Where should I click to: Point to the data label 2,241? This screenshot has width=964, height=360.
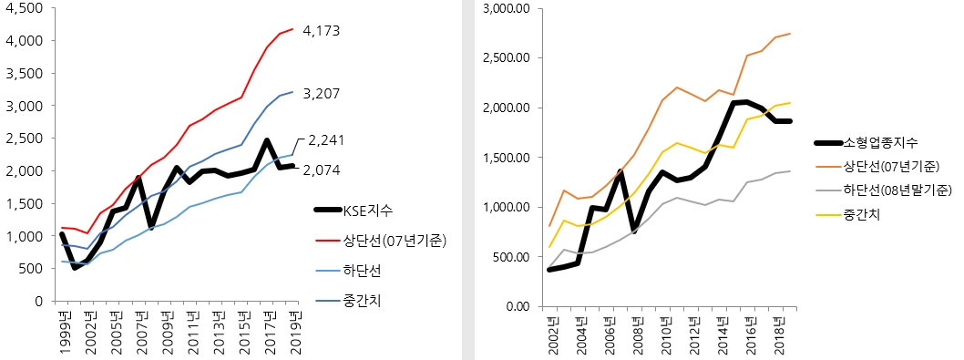tap(327, 140)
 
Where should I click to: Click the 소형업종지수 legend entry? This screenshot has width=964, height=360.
tap(881, 142)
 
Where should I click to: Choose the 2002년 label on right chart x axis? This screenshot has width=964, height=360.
tap(550, 334)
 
